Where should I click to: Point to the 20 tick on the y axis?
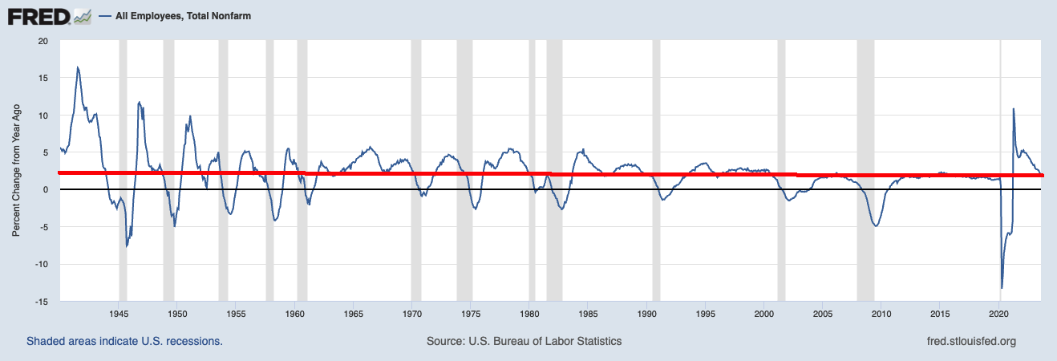tap(43, 41)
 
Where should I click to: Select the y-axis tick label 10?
tap(43, 116)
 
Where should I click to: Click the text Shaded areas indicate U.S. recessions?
tap(124, 341)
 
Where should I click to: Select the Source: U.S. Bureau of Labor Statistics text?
tap(524, 341)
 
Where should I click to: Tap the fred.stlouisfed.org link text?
tap(970, 341)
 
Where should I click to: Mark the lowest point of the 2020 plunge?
tap(1002, 288)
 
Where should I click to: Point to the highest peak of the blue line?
tap(78, 67)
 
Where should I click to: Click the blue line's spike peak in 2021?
tap(1014, 108)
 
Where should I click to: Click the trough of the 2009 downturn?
tap(876, 226)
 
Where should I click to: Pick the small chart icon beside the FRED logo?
tap(82, 15)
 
